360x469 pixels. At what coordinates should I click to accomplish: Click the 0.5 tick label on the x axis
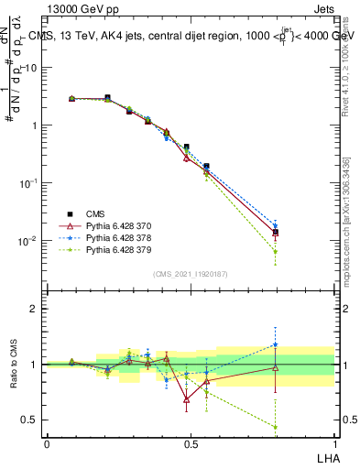coord(191,443)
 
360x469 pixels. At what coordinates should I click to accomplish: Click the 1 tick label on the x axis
coord(334,443)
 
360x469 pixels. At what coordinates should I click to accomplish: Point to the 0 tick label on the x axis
coord(47,443)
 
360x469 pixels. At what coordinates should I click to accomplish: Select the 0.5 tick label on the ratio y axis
coord(29,420)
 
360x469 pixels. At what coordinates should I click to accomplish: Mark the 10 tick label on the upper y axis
coord(30,67)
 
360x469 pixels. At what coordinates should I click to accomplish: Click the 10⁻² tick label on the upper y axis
coord(28,241)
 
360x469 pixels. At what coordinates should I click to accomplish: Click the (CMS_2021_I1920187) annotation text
coord(191,274)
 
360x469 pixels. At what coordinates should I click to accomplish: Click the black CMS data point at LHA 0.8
coord(276,233)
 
